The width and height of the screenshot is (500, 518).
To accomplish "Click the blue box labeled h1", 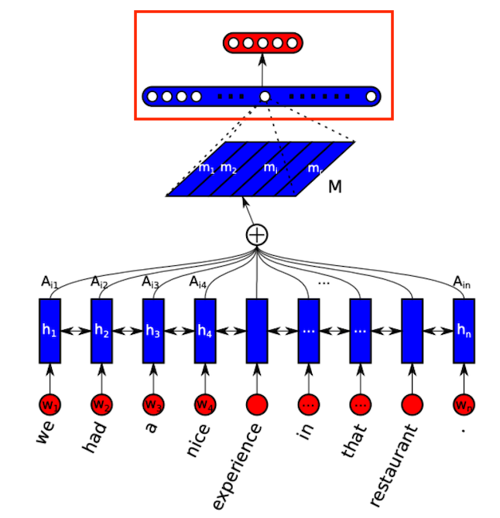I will tap(50, 330).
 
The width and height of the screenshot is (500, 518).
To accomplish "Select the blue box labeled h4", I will tap(204, 330).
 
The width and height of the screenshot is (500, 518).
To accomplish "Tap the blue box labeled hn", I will tap(464, 330).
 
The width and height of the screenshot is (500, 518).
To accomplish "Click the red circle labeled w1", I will tap(50, 404).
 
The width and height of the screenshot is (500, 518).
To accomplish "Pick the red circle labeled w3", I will tap(152, 404).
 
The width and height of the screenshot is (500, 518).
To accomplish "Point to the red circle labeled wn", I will tap(464, 404).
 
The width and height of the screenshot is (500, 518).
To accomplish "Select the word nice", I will tap(198, 439).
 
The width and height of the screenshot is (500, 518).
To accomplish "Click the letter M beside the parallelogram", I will tap(334, 186).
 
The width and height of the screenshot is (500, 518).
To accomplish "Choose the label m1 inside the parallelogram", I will tap(206, 168).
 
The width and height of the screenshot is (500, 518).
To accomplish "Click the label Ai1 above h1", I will tap(50, 282).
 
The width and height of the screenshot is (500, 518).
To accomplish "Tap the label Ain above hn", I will tap(463, 282).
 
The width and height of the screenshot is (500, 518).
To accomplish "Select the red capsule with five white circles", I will tap(262, 43).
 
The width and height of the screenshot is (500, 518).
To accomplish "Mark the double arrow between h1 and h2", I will tap(75, 330).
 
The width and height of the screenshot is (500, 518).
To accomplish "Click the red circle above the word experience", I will tap(256, 404).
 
